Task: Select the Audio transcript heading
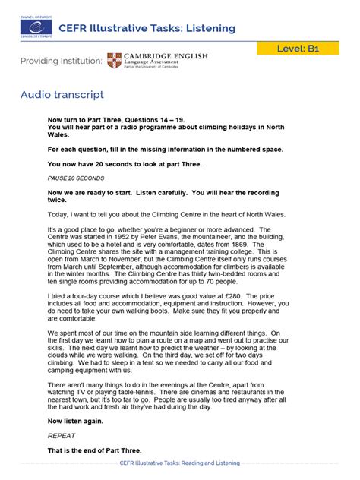pyautogui.click(x=62, y=95)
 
